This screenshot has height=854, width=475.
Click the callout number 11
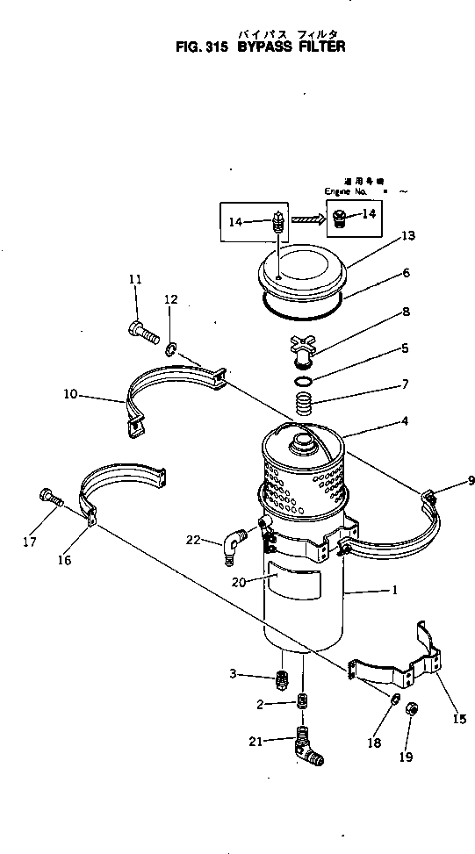pos(135,279)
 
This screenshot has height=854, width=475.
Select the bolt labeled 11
pos(140,333)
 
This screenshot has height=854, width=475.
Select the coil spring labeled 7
pos(302,405)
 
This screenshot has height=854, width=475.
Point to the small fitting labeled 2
pos(302,702)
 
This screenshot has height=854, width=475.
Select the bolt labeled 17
pos(49,499)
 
